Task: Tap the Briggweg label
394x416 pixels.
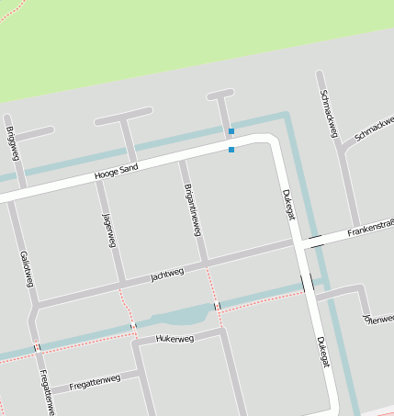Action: point(10,142)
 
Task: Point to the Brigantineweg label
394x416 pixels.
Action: point(193,208)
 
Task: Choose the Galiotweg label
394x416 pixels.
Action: point(26,269)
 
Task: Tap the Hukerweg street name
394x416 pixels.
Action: point(174,339)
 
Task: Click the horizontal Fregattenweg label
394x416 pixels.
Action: point(94,380)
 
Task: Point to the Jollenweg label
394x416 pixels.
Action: point(378,318)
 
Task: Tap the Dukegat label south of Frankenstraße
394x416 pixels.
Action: point(321,353)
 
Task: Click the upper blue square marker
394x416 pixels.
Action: point(231,131)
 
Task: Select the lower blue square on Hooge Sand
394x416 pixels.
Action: point(231,149)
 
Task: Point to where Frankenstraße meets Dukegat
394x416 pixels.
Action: point(299,243)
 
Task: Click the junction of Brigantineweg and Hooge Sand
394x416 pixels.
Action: point(182,159)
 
